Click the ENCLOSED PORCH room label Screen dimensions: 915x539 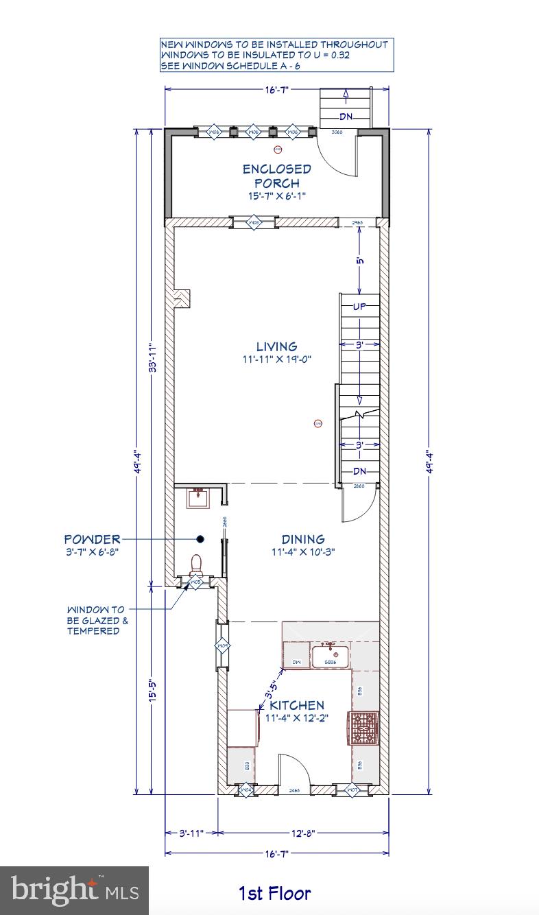[276, 176]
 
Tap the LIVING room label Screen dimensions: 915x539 [276, 346]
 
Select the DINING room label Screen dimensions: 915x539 [302, 539]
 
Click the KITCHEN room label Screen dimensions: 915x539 [296, 705]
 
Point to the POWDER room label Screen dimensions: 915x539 [92, 539]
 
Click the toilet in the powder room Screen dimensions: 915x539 [196, 564]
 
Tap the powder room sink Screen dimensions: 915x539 [200, 497]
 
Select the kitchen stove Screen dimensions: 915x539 [364, 728]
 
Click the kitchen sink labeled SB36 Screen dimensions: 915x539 [331, 656]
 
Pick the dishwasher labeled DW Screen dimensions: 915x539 [296, 662]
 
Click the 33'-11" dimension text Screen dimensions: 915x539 [155, 358]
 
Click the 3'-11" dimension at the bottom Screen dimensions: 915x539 [191, 833]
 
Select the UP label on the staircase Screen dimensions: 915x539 [359, 307]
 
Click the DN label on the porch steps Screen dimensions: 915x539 [346, 117]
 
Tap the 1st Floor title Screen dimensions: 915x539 [274, 893]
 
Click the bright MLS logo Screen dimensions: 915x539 [74, 890]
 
